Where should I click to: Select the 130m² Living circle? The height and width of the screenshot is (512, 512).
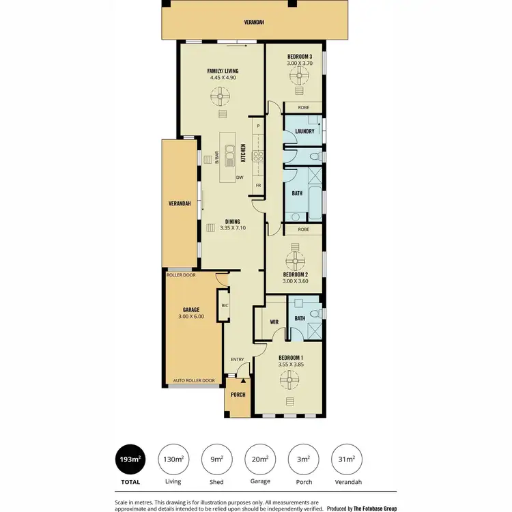point(173,459)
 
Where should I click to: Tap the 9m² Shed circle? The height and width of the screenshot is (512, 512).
point(216,459)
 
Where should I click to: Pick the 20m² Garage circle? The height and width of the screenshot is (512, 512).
point(260,459)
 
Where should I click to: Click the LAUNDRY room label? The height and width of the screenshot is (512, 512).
point(304,131)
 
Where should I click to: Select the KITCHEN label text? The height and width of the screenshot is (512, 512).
point(243,153)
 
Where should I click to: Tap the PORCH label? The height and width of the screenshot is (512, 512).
point(238,395)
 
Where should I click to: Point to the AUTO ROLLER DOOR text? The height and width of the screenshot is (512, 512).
point(194,380)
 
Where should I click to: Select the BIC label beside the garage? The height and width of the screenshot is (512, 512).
point(225,305)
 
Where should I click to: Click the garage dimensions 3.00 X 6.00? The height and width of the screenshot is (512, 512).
point(190,316)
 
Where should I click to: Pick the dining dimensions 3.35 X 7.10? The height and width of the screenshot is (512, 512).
point(233,228)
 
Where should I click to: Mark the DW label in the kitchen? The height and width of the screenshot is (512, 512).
point(240,178)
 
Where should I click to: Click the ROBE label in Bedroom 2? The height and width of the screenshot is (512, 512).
point(304,229)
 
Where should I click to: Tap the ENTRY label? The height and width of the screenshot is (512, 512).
point(237,360)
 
